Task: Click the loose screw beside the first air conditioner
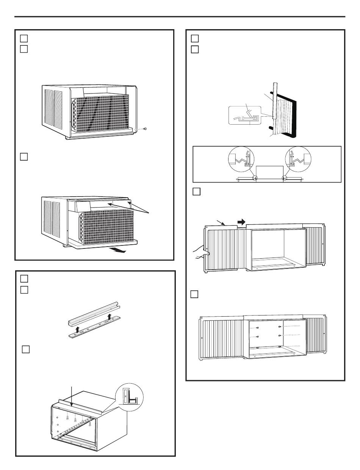[x=146, y=129]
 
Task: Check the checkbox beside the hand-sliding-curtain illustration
[x=196, y=192]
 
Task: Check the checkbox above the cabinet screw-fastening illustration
[x=196, y=294]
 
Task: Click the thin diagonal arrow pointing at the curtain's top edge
[x=221, y=223]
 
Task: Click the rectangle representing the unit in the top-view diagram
[x=269, y=171]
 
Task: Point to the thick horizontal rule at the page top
[x=180, y=17]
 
